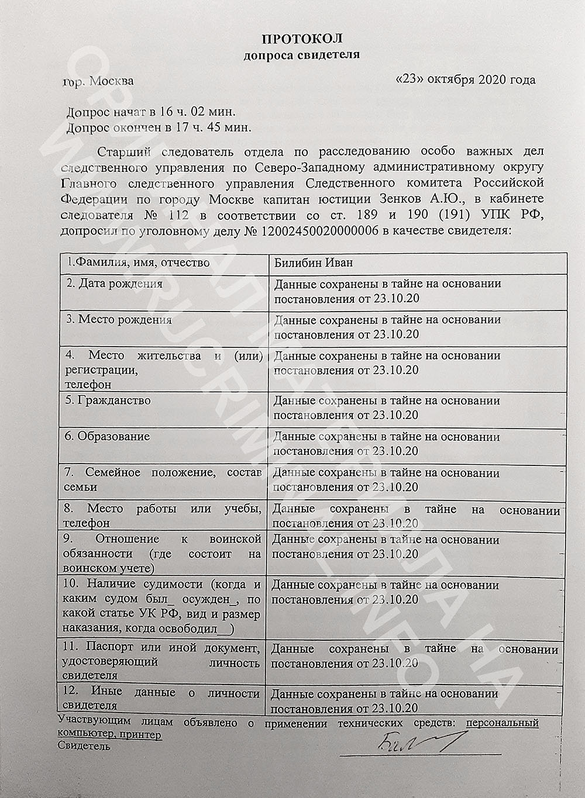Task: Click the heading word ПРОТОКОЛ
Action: pyautogui.click(x=301, y=39)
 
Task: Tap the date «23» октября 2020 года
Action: pyautogui.click(x=466, y=80)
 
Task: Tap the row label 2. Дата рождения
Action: pyautogui.click(x=114, y=284)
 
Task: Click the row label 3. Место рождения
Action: pyautogui.click(x=119, y=320)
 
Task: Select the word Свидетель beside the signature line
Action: pyautogui.click(x=84, y=746)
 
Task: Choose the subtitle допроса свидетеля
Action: pyautogui.click(x=301, y=56)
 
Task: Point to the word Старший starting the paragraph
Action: pyautogui.click(x=122, y=153)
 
